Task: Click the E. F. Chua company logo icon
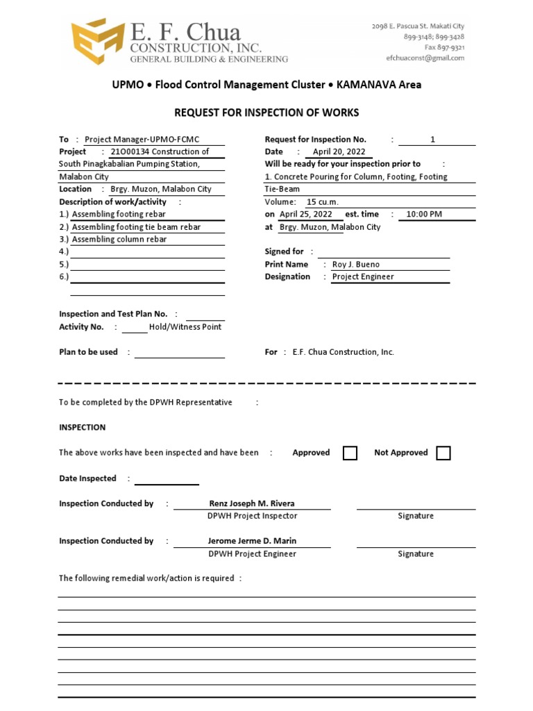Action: (x=97, y=43)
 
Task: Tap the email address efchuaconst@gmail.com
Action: (x=425, y=58)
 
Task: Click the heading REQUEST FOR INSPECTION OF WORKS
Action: (x=266, y=112)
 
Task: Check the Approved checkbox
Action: (x=350, y=453)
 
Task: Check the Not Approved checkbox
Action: (x=443, y=453)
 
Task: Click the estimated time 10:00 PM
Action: (x=424, y=215)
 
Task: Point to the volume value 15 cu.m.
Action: (x=322, y=202)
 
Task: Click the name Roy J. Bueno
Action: (x=356, y=265)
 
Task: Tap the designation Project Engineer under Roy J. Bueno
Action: (x=363, y=277)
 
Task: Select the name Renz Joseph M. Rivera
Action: (x=252, y=503)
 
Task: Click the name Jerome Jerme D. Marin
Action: (x=252, y=541)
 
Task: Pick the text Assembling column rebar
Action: (x=119, y=240)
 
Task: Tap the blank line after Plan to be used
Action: (x=180, y=353)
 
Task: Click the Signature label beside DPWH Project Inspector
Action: (x=416, y=516)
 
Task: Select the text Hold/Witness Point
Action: (x=185, y=327)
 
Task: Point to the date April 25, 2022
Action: (x=306, y=215)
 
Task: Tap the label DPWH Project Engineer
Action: (x=252, y=554)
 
